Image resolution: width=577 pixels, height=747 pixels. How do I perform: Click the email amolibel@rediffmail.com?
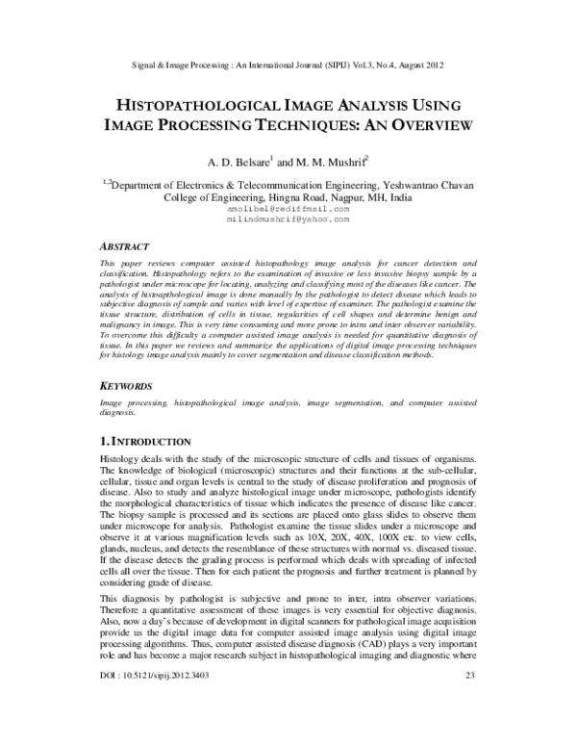(x=288, y=207)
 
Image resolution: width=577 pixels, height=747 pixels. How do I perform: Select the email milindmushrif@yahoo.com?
(x=288, y=219)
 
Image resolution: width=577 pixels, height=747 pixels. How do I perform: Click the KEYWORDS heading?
(x=134, y=384)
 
